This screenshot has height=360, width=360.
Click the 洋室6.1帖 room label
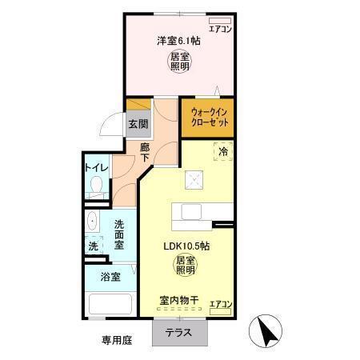click(x=178, y=41)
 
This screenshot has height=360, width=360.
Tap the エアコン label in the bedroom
click(x=218, y=29)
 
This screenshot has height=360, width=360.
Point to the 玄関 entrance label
click(x=138, y=124)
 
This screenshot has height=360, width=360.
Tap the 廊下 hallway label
click(x=146, y=153)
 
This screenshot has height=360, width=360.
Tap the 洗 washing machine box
click(x=93, y=246)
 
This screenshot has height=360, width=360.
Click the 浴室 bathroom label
click(x=110, y=278)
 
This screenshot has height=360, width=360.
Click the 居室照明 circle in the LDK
click(x=186, y=266)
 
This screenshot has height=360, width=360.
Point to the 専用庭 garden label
click(x=116, y=339)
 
